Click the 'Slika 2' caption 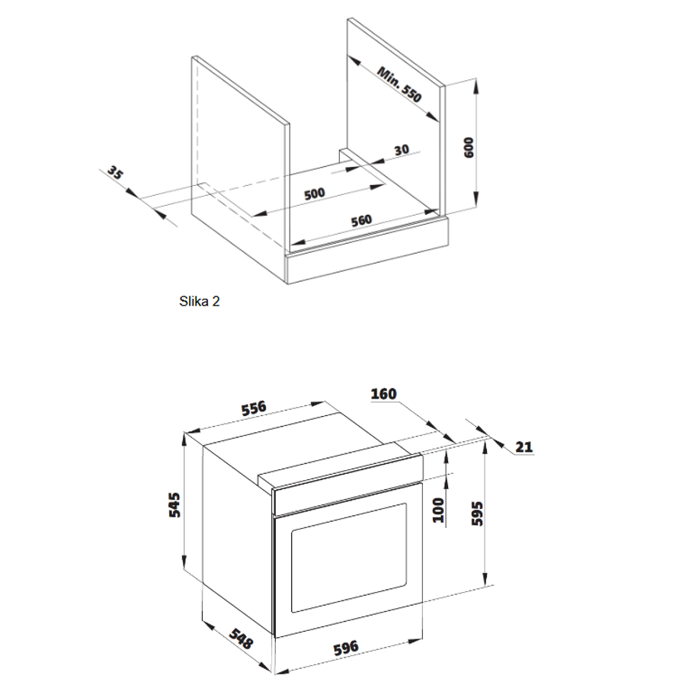click(199, 301)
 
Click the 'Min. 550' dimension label click(399, 85)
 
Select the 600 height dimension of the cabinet click(469, 147)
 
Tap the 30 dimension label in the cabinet click(402, 150)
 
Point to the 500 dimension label click(315, 194)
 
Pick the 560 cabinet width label click(361, 221)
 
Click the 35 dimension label click(115, 172)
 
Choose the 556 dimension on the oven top click(254, 408)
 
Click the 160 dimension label click(383, 394)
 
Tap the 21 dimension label click(524, 447)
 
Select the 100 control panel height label click(438, 510)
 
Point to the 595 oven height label click(478, 514)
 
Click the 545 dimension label click(174, 505)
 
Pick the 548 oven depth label click(242, 639)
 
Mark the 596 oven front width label click(346, 648)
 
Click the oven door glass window click(349, 558)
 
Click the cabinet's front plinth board click(367, 251)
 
